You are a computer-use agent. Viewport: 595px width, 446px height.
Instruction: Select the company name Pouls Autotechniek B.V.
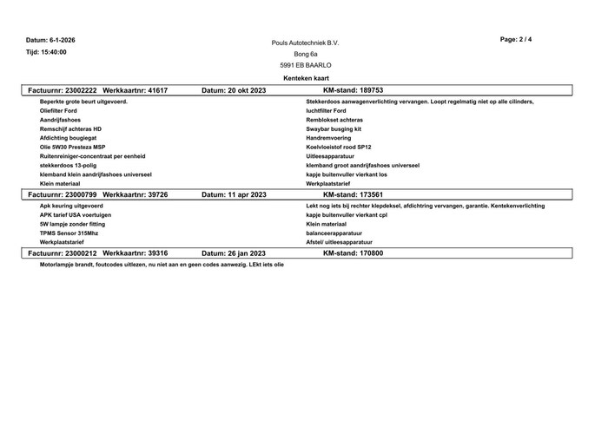[x=305, y=43]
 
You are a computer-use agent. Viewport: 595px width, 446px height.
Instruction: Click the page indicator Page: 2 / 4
[x=517, y=40]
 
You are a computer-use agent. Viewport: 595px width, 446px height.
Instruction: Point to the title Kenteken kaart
[x=305, y=77]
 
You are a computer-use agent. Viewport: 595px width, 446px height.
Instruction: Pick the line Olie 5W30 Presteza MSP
[x=72, y=147]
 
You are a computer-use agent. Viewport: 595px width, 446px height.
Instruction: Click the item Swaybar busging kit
[x=334, y=128]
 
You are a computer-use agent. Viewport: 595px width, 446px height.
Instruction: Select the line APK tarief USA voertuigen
[x=76, y=214]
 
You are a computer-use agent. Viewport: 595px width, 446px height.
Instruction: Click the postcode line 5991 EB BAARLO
[x=305, y=65]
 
